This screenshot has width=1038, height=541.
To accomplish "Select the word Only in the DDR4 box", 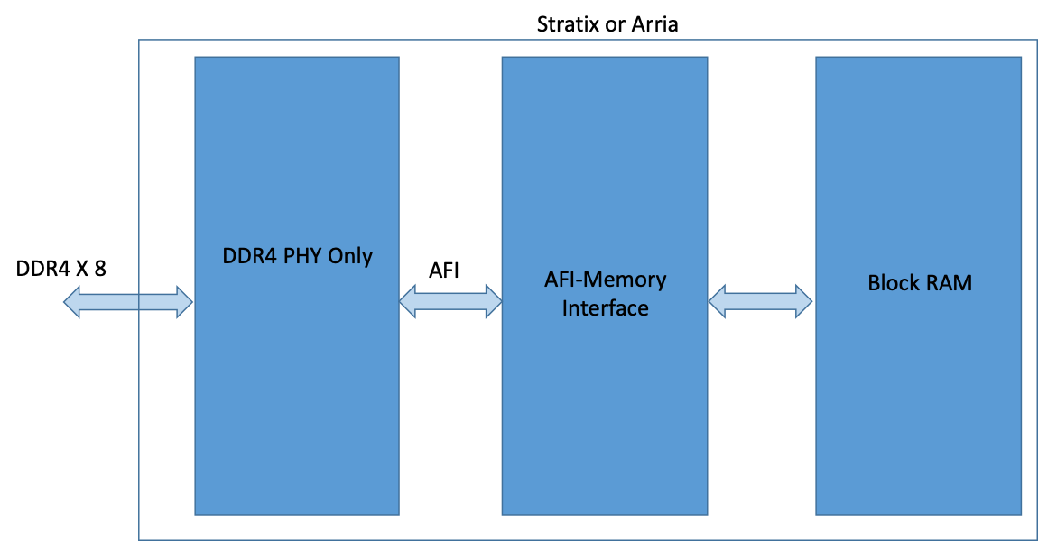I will pos(350,256).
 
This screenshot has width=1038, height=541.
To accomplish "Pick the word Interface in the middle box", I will pos(605,308).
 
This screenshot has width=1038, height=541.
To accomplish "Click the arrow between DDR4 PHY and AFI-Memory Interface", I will pos(450,301).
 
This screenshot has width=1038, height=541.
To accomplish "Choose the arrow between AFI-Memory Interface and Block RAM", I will pos(761,301).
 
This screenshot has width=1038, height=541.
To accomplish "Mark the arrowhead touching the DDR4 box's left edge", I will pos(184,302).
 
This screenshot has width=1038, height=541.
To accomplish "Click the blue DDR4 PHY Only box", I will pos(297,406).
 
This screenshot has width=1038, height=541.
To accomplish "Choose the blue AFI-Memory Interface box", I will pos(604,406).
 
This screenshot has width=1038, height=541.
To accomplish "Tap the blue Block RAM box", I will pos(918,406).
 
